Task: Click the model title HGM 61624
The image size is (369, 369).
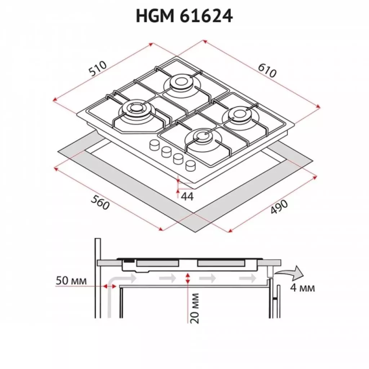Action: pyautogui.click(x=184, y=16)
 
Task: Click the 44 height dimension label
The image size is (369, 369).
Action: pyautogui.click(x=188, y=196)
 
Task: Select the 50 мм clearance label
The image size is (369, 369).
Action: pyautogui.click(x=71, y=280)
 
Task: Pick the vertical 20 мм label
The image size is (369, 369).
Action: pyautogui.click(x=195, y=308)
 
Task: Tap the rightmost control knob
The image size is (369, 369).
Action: pyautogui.click(x=191, y=165)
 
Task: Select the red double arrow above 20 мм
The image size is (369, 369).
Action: pyautogui.click(x=187, y=278)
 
